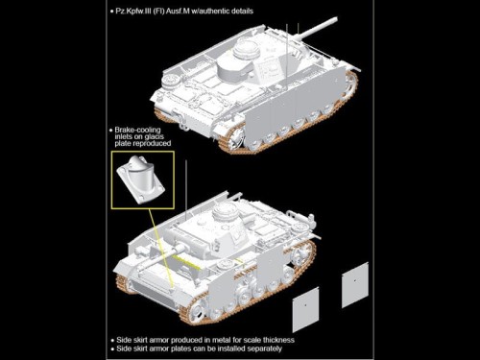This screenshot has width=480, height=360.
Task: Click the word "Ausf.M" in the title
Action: (x=178, y=12)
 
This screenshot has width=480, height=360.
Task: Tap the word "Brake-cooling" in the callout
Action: (x=137, y=130)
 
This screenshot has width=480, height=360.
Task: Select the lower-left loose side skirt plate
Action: (x=305, y=309)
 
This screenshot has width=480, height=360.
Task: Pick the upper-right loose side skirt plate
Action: (x=355, y=285)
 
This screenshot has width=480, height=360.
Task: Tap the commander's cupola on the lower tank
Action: (x=225, y=210)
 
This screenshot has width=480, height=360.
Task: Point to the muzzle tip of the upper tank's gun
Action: (x=336, y=19)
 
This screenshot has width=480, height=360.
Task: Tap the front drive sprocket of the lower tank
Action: (x=196, y=309)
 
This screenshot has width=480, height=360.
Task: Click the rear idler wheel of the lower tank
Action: (x=300, y=253)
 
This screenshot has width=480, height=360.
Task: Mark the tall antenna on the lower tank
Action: (x=186, y=190)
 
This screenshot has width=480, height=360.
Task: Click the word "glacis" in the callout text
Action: (x=153, y=136)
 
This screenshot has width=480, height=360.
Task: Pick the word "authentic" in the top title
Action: (x=213, y=12)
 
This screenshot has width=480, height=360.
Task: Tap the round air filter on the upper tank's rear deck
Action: (x=170, y=81)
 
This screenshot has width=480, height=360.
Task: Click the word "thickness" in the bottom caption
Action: (x=277, y=340)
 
